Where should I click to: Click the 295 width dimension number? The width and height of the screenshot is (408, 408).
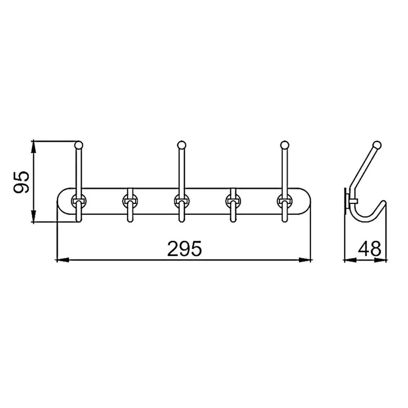click(x=184, y=248)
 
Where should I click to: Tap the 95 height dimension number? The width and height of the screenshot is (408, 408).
click(x=21, y=182)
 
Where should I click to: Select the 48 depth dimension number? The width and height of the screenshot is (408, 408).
click(x=370, y=248)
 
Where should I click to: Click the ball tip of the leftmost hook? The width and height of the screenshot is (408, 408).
click(x=79, y=145)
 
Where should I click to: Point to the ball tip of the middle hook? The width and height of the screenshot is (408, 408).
click(x=182, y=145)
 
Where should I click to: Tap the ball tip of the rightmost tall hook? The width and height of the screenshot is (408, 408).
click(x=285, y=145)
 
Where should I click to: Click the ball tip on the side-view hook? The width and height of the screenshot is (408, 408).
click(x=377, y=145)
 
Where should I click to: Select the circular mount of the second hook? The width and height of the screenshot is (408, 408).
click(x=130, y=201)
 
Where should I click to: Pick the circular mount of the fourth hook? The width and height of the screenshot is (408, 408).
click(x=233, y=201)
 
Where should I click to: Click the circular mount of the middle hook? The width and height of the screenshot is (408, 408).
click(x=182, y=201)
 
